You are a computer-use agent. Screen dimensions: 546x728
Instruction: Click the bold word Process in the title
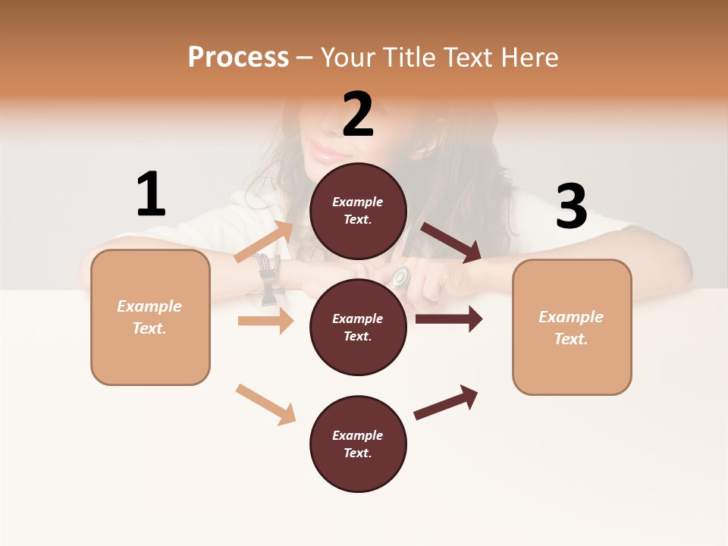pos(238,58)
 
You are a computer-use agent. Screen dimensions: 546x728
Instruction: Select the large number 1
pos(151,194)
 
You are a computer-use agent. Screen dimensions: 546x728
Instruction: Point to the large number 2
pos(358,115)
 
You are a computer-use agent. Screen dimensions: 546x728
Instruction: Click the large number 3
pos(571,206)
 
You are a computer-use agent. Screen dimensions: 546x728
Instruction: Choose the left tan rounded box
pos(150,317)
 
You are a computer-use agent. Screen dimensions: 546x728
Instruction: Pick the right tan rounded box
pos(572,328)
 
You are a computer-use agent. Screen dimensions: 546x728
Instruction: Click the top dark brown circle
pos(358,211)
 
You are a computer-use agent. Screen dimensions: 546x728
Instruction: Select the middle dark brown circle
pos(358,328)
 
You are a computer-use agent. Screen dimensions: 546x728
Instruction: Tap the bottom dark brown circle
pos(358,444)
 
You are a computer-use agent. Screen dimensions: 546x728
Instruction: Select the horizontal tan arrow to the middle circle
pos(265,321)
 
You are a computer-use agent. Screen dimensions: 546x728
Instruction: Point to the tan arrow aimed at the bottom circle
pos(265,404)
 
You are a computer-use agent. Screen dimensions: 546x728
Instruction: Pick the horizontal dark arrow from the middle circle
pos(448,319)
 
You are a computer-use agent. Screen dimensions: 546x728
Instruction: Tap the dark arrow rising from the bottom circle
pos(446,402)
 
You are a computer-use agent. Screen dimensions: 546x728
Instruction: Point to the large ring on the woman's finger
pos(399,276)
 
